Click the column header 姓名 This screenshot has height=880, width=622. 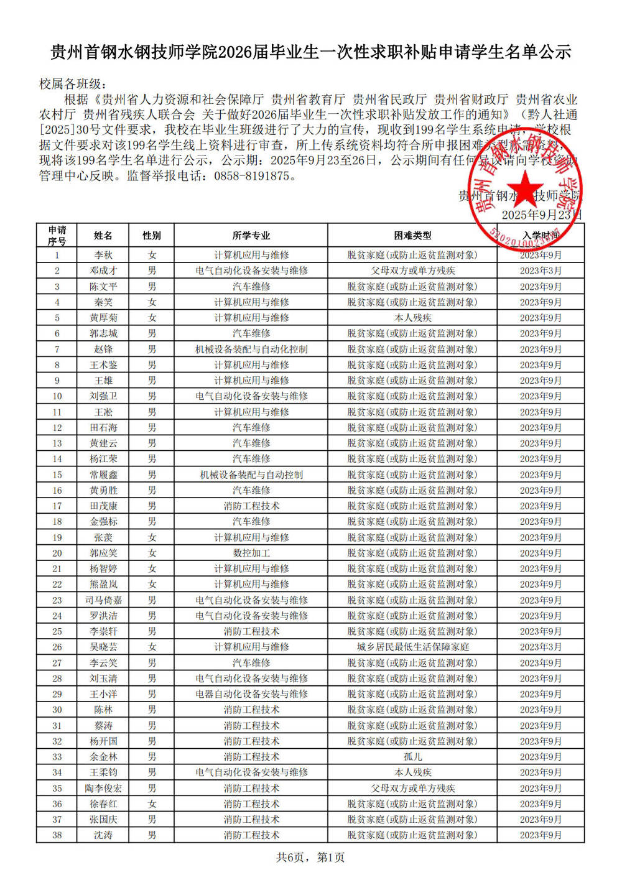(x=103, y=236)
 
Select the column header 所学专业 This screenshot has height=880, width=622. (x=251, y=236)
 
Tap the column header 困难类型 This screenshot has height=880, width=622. (x=412, y=236)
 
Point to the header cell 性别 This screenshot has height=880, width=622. (x=152, y=236)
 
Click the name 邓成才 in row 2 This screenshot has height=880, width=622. (x=103, y=271)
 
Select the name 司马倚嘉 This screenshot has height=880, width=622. (x=103, y=600)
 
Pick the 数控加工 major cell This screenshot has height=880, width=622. (x=251, y=553)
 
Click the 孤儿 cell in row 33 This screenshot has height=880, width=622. (x=412, y=757)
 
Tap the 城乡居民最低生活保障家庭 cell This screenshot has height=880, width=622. (x=412, y=647)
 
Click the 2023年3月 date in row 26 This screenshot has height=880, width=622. (x=541, y=647)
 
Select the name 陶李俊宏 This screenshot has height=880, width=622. (x=103, y=788)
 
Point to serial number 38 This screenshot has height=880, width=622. (x=57, y=835)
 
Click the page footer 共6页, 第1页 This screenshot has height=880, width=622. (x=310, y=858)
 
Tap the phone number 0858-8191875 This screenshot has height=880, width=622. (x=252, y=176)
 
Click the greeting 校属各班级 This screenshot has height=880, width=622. (x=73, y=84)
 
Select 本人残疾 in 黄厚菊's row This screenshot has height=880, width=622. (x=412, y=318)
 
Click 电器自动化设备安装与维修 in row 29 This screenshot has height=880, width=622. (x=251, y=694)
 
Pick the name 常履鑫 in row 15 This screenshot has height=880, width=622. (x=103, y=475)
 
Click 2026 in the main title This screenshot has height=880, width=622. (x=235, y=52)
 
